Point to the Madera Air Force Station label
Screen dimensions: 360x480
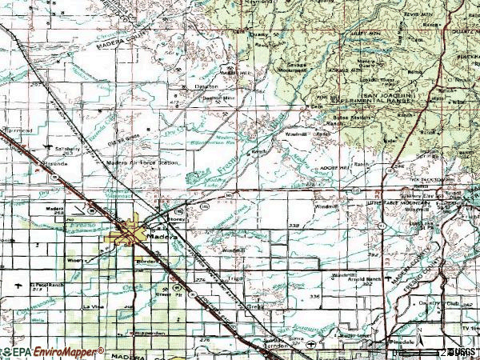point(141,163)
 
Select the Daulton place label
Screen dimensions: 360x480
point(206,86)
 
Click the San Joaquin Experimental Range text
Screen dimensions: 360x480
point(388,99)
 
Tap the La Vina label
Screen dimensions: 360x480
point(92,306)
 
